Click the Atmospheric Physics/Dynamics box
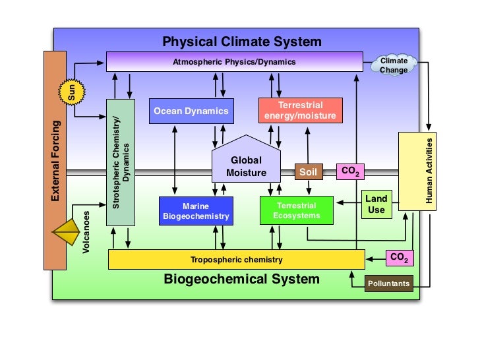234,62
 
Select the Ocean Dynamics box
191,111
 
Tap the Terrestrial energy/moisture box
300,111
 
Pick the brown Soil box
308,172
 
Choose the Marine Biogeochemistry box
196,211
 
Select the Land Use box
376,204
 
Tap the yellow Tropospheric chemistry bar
236,259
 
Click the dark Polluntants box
389,284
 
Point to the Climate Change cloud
394,65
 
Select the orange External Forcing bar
55,160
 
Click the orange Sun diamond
72,92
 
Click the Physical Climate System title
242,42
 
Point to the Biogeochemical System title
241,279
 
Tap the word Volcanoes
86,233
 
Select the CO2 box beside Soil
349,171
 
